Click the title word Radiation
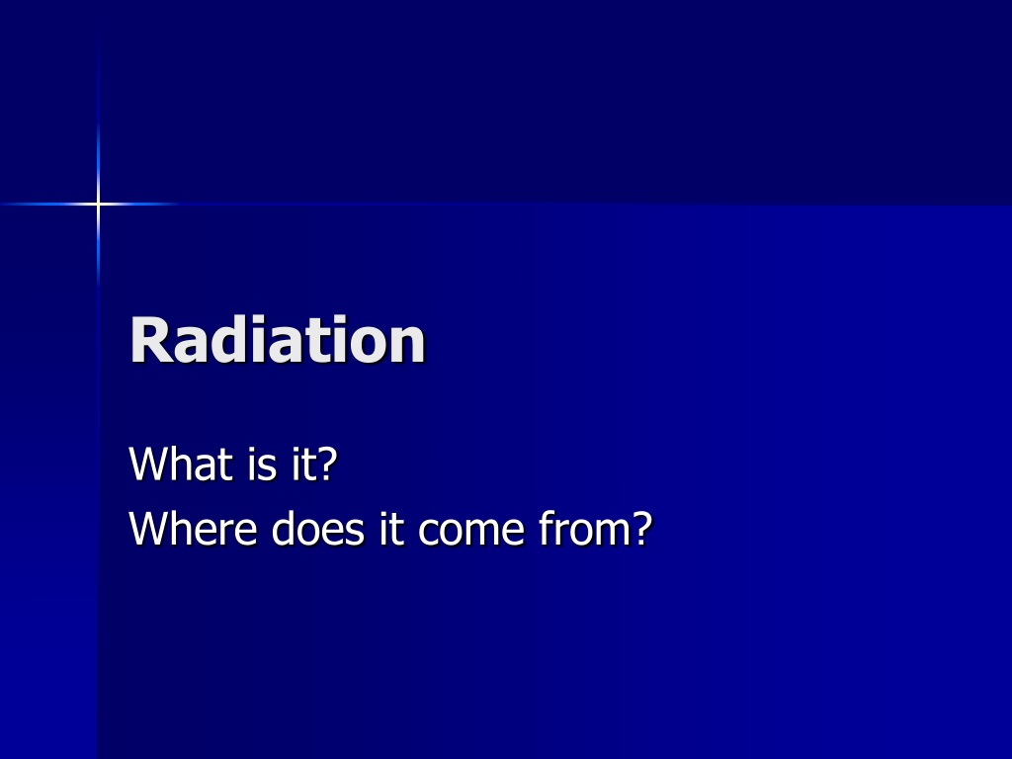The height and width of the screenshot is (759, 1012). [x=278, y=340]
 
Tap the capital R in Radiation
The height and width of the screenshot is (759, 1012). [x=150, y=340]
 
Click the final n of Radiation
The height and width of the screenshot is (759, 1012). [x=406, y=345]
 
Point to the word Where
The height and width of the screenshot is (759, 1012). [x=193, y=528]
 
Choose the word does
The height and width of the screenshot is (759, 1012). [x=317, y=528]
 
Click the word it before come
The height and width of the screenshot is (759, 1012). [x=391, y=528]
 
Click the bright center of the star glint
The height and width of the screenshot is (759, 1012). [x=98, y=204]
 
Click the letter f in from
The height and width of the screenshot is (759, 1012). [x=546, y=528]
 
